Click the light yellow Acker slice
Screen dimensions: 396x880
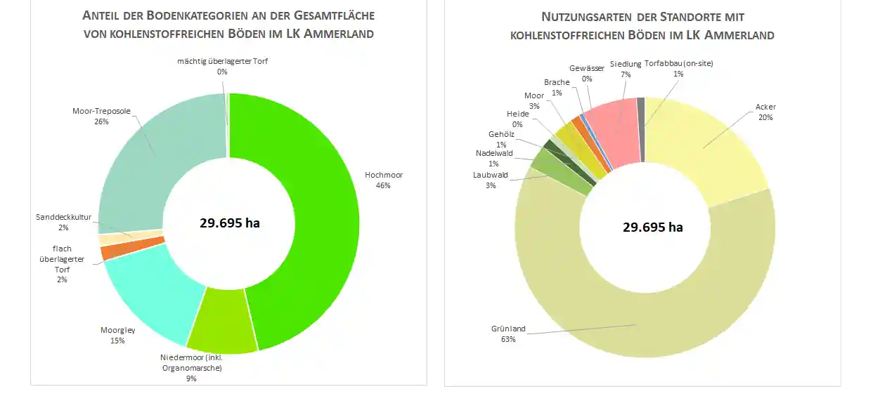[x=710, y=151]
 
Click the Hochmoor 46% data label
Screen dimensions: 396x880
[x=383, y=180]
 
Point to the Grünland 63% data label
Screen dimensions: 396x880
[x=508, y=334]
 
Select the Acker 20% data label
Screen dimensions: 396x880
[x=765, y=112]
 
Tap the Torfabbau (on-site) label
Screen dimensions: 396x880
[x=678, y=64]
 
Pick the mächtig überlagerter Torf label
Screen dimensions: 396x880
[x=222, y=61]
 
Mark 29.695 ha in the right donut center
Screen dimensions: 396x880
[x=652, y=227]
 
